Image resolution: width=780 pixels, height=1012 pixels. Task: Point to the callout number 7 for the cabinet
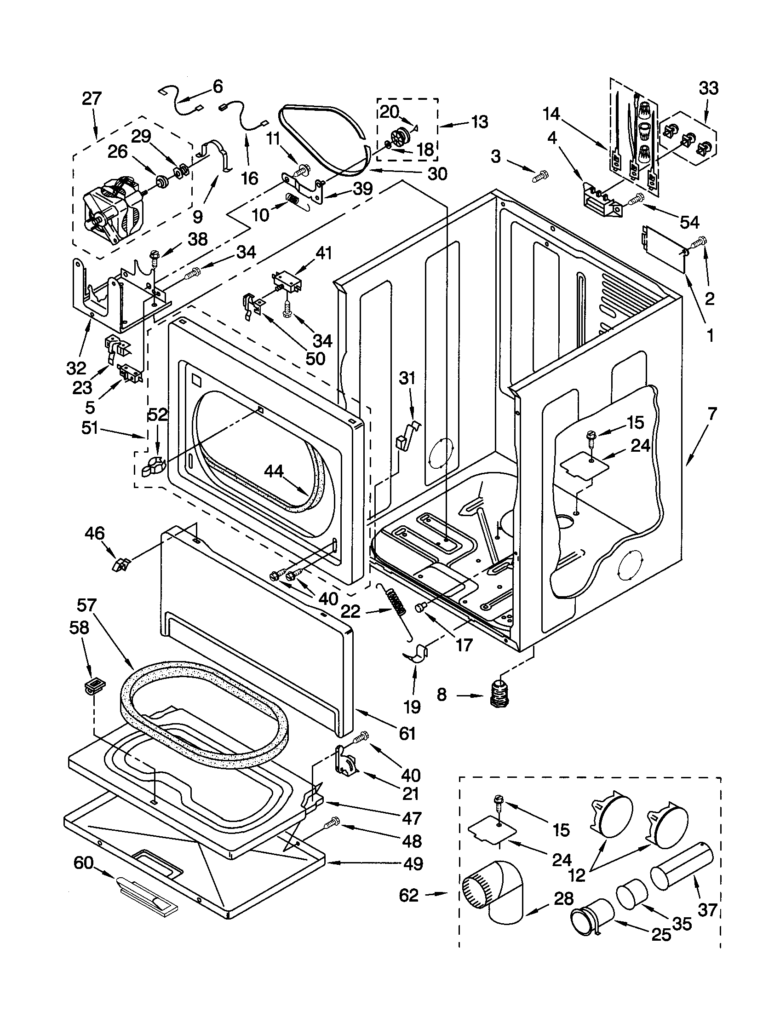point(712,414)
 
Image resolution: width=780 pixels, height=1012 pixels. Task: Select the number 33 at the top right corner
point(708,88)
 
